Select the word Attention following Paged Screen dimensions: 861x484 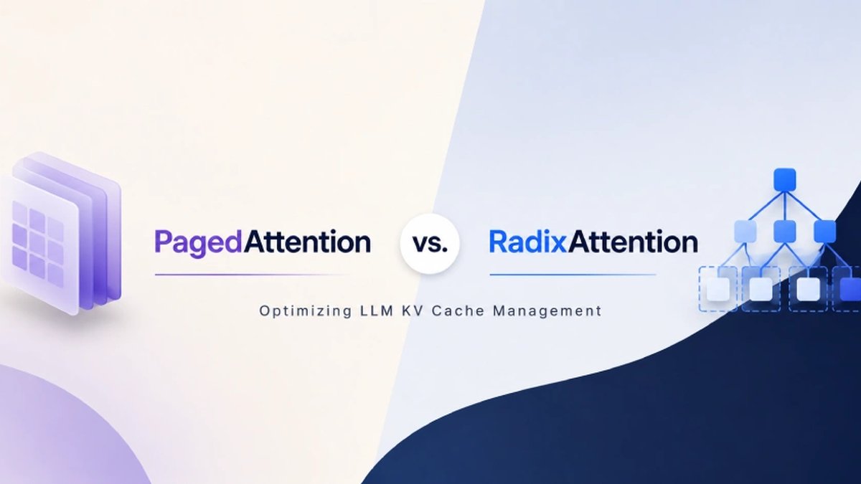point(307,242)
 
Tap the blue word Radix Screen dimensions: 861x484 point(528,242)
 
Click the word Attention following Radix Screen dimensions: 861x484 point(633,242)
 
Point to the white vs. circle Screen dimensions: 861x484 point(430,244)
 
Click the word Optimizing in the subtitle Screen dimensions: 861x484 point(305,310)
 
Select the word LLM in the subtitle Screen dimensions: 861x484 point(377,310)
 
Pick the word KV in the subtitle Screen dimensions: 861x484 point(413,310)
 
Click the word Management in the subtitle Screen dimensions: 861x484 point(547,311)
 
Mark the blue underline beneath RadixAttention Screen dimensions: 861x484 point(573,275)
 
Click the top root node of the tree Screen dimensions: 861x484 point(784,179)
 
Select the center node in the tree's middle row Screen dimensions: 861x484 point(784,231)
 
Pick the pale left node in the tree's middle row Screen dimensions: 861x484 point(745,231)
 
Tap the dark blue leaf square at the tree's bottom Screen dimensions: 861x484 point(850,289)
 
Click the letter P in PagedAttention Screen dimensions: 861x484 point(162,242)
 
